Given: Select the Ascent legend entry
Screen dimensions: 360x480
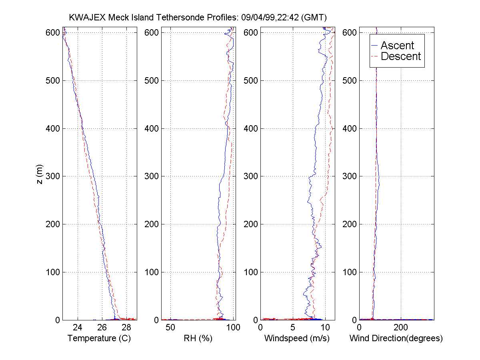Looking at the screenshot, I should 397,46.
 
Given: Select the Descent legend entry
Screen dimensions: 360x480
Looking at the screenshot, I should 401,56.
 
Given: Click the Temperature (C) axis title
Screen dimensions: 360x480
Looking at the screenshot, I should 99,338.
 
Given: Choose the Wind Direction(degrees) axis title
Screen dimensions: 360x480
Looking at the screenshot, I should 396,338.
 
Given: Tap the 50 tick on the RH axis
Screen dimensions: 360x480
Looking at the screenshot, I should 171,328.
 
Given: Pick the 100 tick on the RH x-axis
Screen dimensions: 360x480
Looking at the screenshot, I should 233,328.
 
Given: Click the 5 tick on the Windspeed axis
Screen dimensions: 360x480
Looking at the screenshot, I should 293,328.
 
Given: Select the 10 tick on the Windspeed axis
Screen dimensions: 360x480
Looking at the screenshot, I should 326,328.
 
